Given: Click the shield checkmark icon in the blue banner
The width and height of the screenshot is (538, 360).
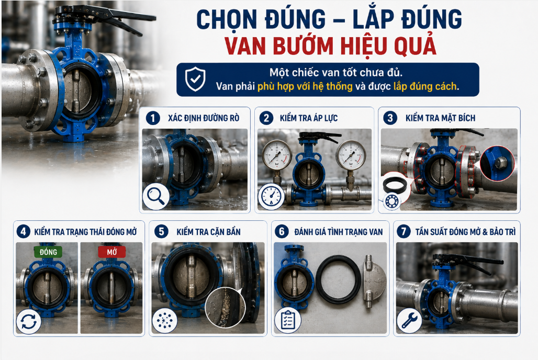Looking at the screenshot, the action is pos(195,79).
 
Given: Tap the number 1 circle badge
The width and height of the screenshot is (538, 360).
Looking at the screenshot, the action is pos(153,118).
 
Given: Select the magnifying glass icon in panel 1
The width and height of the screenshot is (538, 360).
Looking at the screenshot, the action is pos(156,197).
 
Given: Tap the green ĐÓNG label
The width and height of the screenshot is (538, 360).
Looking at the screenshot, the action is pos(48,252).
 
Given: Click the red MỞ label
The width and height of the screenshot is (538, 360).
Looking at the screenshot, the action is pos(112,252).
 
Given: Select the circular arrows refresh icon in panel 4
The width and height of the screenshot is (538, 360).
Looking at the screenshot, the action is pos(28,321).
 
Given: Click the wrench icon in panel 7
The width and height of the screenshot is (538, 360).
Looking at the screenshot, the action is pos(409,321).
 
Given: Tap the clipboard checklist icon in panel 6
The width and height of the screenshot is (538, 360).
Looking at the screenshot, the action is pos(287,320).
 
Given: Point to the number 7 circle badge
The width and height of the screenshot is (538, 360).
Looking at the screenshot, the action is pos(403,232).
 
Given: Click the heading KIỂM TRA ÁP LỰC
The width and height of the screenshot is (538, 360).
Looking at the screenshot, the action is pos(309,118).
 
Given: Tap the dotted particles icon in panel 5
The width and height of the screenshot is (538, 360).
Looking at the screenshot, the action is pos(165,320).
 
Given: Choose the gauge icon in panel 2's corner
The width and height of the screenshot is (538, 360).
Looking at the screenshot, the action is pos(271,196).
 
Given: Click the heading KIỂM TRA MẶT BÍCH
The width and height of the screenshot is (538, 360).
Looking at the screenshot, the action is pos(440,118).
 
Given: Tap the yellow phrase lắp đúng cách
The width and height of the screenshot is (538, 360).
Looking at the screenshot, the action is pos(425,86).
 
